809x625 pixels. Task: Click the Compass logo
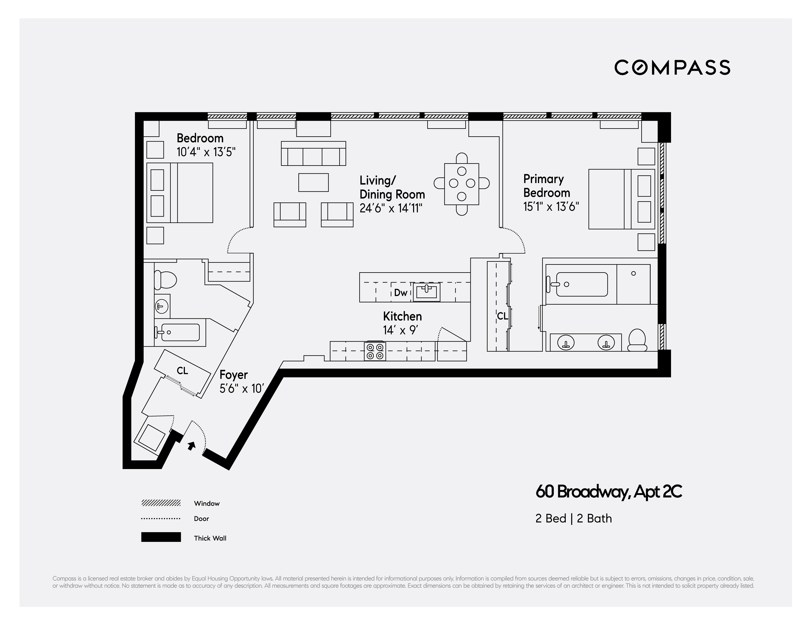672,67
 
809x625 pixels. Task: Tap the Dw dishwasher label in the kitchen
400,292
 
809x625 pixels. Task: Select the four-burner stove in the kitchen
375,351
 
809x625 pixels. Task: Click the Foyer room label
233,375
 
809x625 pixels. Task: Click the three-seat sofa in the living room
313,153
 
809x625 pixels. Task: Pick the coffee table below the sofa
313,182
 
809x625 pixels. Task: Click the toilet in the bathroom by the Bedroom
165,280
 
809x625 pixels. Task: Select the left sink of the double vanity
566,342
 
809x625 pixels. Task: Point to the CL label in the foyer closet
182,371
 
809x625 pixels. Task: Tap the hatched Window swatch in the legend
161,503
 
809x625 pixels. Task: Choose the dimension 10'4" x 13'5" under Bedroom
206,152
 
